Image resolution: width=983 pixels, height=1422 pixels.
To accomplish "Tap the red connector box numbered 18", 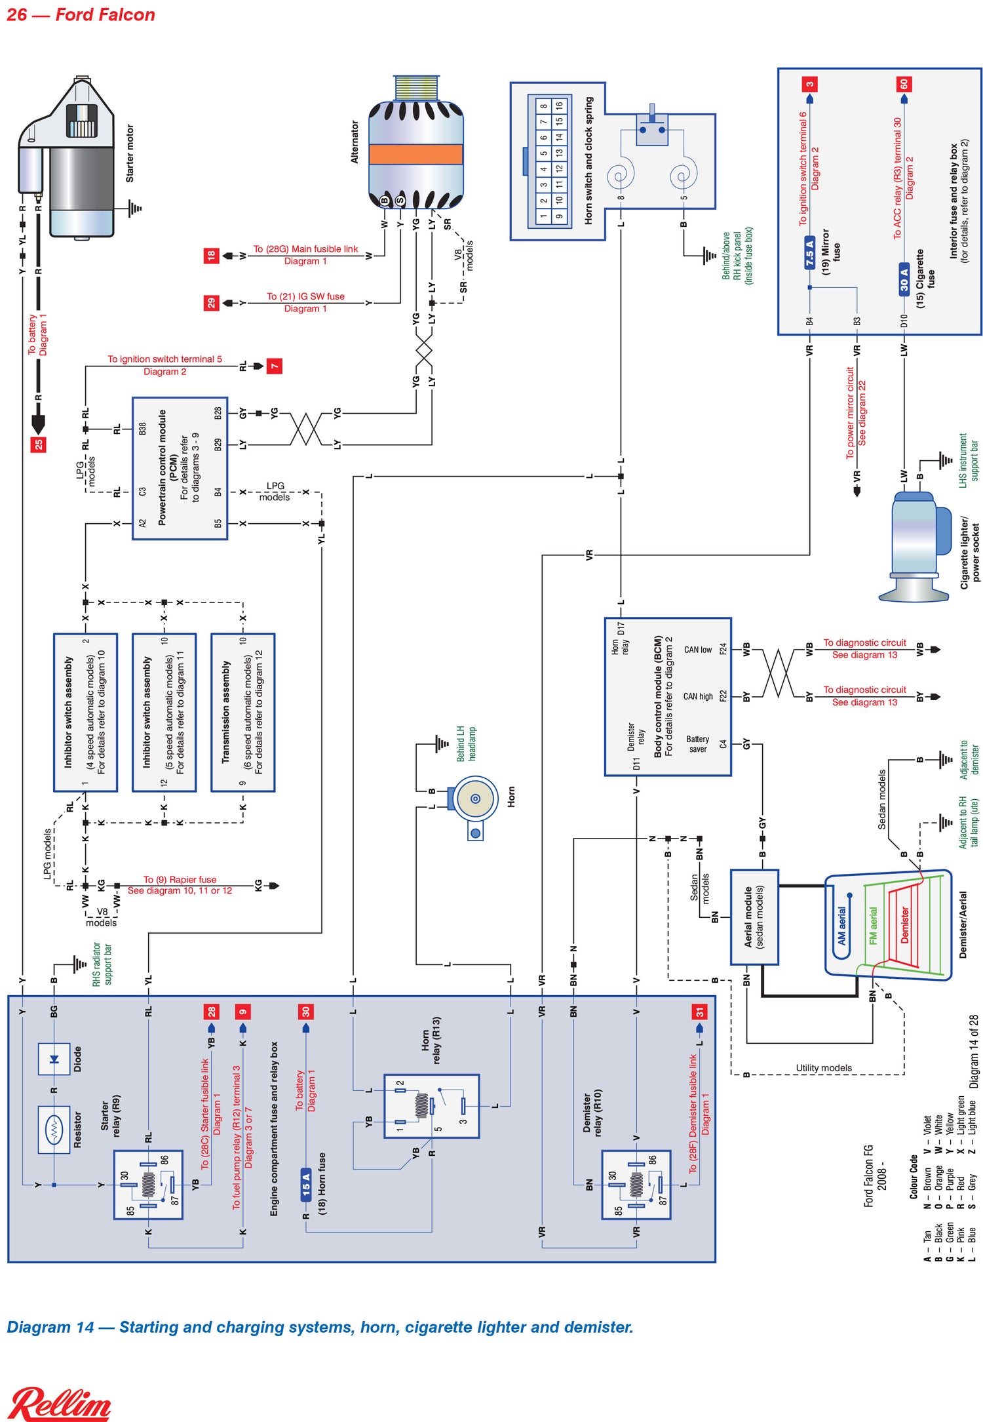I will [x=210, y=256].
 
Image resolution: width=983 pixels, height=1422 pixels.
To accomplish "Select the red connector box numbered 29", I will [x=210, y=303].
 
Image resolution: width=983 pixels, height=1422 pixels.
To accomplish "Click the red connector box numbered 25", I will [x=39, y=444].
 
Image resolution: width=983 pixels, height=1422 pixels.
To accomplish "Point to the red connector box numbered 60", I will [x=904, y=84].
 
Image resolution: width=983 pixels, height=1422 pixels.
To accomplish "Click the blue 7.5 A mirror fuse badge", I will [x=809, y=252].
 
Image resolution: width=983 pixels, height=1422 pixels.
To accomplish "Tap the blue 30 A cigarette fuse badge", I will [x=904, y=279].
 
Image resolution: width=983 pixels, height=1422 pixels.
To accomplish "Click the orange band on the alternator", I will [x=415, y=154].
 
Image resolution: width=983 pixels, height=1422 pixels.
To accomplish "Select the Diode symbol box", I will [x=54, y=1059].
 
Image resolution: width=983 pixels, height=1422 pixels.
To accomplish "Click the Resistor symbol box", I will [x=54, y=1129].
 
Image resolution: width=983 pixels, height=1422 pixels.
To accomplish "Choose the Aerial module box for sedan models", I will [x=754, y=917].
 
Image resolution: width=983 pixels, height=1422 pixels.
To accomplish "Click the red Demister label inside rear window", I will [x=904, y=925].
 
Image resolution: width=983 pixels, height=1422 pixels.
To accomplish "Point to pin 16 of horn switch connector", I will [x=559, y=106].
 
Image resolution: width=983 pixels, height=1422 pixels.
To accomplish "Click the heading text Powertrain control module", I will [x=162, y=467].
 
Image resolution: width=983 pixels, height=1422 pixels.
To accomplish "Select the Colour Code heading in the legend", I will [x=914, y=1177].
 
